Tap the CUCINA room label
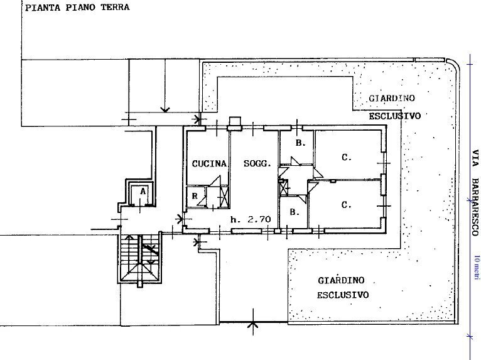[x=209, y=163]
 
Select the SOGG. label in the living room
[x=257, y=163]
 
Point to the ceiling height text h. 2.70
[x=251, y=220]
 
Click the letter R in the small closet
[x=196, y=197]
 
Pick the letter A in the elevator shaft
[x=143, y=190]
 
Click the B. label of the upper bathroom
[x=300, y=143]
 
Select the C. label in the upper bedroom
[x=346, y=157]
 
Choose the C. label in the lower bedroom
[x=345, y=205]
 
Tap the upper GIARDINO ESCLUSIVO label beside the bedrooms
[x=394, y=107]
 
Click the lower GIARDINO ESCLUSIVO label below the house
[x=342, y=288]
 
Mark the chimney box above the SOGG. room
[x=235, y=123]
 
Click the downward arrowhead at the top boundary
[x=165, y=109]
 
